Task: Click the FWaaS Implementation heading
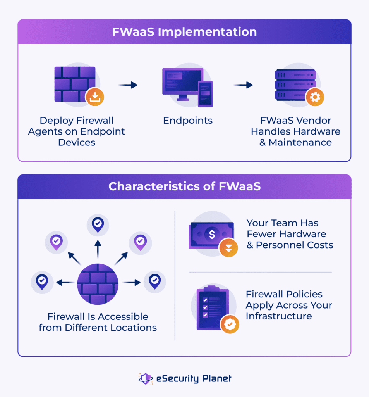point(184,32)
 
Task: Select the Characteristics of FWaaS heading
point(184,186)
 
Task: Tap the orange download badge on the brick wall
point(95,97)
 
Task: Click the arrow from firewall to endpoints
point(128,85)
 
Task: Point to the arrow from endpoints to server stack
point(243,85)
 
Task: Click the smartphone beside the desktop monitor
point(205,93)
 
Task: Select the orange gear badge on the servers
point(315,97)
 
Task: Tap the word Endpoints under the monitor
point(188,121)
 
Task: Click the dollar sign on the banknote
point(212,234)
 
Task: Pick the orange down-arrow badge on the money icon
point(228,249)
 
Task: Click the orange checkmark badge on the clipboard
point(230,324)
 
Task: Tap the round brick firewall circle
point(98,283)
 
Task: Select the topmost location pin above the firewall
point(98,224)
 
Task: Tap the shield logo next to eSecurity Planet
point(146,378)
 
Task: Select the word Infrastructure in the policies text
point(278,316)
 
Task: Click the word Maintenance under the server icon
point(300,142)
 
